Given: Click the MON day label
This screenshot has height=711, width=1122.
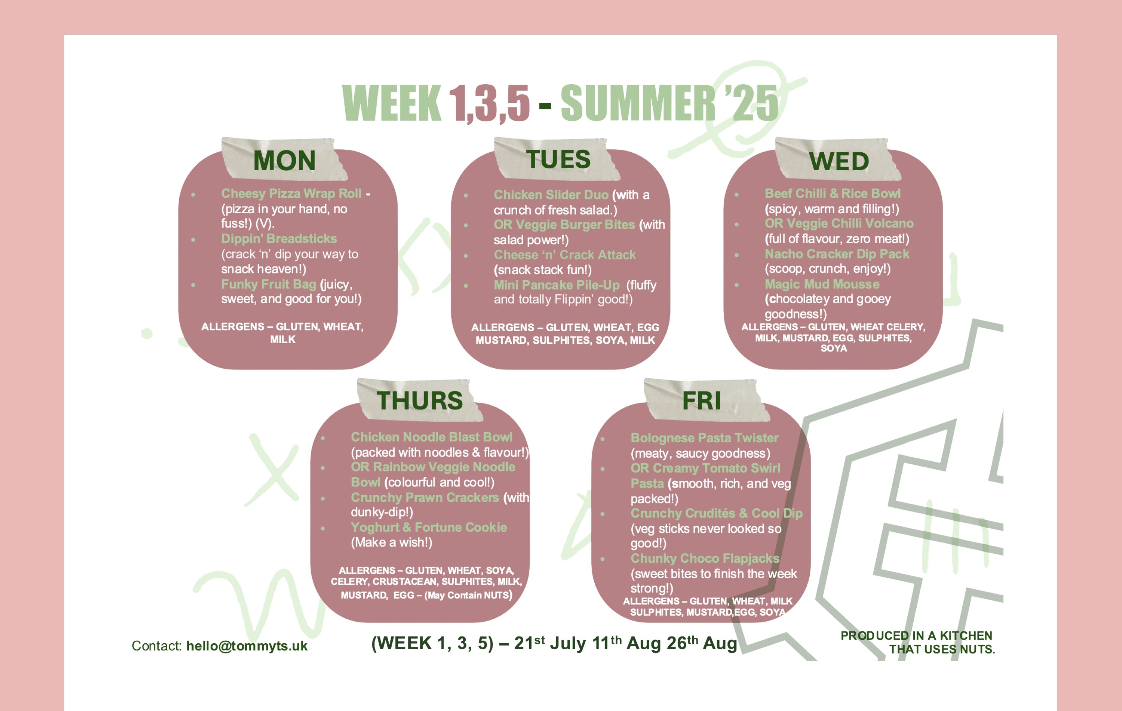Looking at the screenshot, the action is click(x=284, y=161).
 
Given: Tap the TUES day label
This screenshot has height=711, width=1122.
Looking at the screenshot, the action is click(x=558, y=159).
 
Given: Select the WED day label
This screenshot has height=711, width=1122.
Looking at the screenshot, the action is click(x=839, y=161).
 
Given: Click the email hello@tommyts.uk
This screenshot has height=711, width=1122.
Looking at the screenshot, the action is click(x=246, y=646).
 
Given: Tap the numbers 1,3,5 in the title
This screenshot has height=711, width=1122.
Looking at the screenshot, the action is click(x=489, y=104).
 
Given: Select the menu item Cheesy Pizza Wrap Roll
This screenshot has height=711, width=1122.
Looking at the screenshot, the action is click(x=291, y=193).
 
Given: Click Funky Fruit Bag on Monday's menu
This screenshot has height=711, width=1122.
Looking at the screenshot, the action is click(x=269, y=284).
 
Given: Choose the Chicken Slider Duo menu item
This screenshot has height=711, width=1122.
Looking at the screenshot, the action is click(x=551, y=195).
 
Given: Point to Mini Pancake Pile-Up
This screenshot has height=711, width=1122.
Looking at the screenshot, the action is click(x=557, y=285).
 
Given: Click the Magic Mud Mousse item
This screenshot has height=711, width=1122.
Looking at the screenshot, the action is click(x=822, y=284).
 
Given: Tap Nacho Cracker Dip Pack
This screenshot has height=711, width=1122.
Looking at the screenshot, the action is click(x=837, y=254).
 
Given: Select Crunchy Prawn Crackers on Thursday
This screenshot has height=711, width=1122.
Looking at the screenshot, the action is click(x=424, y=497).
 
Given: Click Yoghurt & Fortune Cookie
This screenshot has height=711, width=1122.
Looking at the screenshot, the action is click(x=429, y=527).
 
